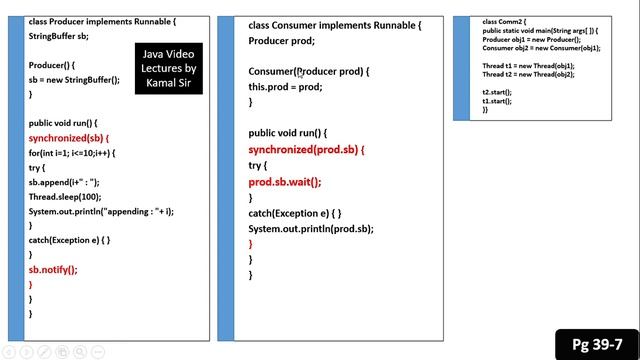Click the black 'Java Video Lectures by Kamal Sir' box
coord(169,68)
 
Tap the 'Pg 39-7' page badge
coord(596,344)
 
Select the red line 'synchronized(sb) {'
coord(68,138)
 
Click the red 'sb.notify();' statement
coord(52,270)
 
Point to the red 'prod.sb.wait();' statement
coord(285,182)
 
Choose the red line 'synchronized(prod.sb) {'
coord(306,150)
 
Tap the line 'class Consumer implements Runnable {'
coord(334,25)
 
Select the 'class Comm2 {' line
coord(504,21)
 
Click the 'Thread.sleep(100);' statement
coord(65,197)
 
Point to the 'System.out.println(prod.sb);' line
coord(311,229)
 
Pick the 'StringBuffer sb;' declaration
coord(58,35)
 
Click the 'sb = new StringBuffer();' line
coord(74,79)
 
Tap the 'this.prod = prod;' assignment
coord(285,87)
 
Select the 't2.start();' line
coord(497,91)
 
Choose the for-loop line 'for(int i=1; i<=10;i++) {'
coord(72,153)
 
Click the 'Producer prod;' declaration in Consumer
coord(281,41)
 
